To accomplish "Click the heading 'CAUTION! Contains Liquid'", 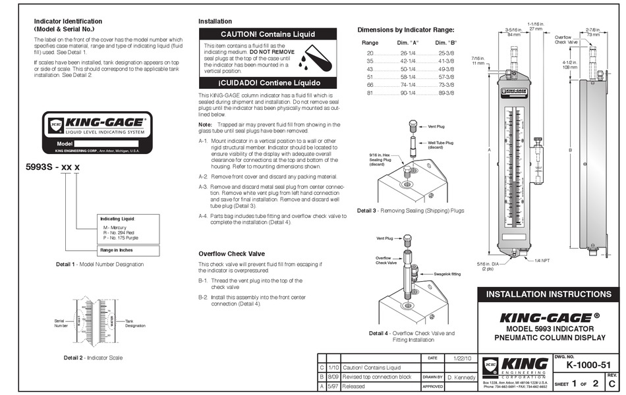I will point(268,34).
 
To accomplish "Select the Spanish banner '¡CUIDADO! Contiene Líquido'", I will point(268,83).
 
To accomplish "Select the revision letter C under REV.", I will point(613,383).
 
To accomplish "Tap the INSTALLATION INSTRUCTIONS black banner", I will point(548,294).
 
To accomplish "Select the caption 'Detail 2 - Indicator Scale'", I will point(93,357).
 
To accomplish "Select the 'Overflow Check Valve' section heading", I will point(231,253).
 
